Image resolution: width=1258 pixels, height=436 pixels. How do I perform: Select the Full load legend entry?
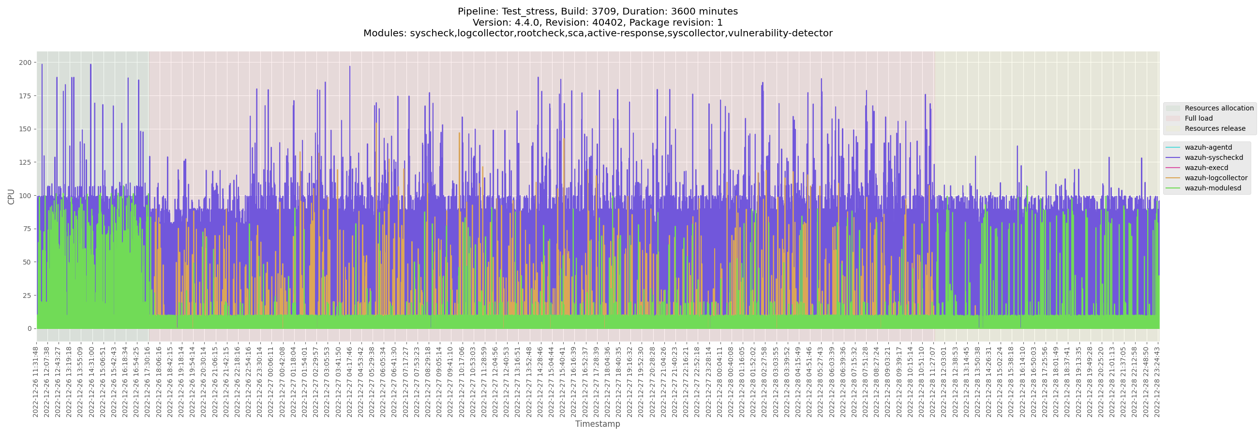1198,118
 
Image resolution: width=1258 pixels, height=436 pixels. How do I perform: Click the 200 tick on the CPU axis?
25,62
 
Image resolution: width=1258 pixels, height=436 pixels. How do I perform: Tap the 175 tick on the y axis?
25,96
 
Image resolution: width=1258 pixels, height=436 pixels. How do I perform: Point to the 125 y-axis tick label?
25,162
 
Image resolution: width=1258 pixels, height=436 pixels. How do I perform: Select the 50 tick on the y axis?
27,262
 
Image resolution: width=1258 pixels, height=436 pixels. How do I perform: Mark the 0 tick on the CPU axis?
30,328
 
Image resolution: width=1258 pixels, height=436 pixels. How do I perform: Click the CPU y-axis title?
11,197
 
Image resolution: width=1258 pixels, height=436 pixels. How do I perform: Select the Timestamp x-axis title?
597,424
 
